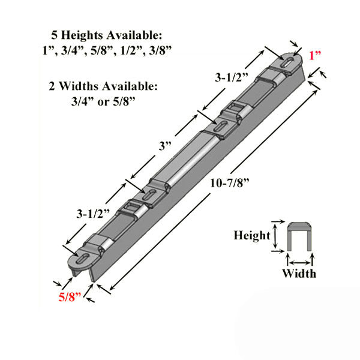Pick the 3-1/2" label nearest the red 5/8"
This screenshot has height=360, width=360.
tap(93, 214)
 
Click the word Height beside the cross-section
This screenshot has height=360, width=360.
tap(251, 236)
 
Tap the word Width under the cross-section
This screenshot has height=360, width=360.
tap(300, 274)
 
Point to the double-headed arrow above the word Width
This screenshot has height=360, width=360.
tap(299, 259)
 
